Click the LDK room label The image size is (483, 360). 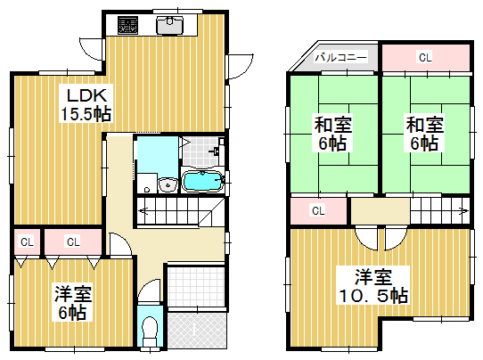86,95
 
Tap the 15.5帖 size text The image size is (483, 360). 86,114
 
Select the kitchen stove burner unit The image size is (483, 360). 127,25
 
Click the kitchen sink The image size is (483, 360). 169,25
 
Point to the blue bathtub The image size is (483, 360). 202,182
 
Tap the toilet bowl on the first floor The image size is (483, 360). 150,332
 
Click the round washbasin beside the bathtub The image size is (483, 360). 168,185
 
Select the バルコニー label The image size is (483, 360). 340,57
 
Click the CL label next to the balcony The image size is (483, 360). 425,57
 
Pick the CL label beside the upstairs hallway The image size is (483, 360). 318,211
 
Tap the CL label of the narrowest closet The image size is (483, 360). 27,242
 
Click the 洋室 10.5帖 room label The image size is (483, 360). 373,286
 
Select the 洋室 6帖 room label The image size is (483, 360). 73,303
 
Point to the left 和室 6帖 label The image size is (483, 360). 332,134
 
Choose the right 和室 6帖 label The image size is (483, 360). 425,134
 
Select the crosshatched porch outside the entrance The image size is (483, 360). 197,331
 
